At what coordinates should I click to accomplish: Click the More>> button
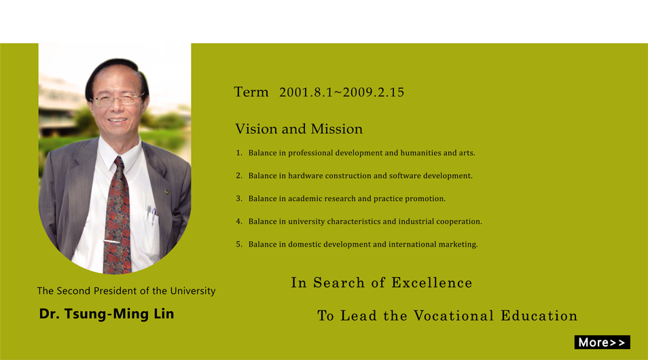click(602, 342)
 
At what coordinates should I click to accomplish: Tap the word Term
click(251, 92)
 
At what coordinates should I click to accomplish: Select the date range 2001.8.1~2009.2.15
click(342, 92)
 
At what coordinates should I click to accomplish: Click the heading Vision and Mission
click(299, 129)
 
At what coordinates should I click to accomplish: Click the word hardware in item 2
click(306, 176)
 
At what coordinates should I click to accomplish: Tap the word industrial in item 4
click(416, 221)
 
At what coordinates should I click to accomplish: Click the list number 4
click(239, 221)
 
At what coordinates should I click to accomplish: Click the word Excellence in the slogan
click(432, 283)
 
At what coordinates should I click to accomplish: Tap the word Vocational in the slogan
click(454, 316)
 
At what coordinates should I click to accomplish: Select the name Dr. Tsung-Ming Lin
click(107, 314)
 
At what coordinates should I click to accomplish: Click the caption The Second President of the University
click(126, 291)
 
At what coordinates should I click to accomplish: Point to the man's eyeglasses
click(118, 100)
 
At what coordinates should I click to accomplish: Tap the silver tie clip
click(111, 241)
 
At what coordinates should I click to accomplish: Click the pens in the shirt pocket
click(151, 213)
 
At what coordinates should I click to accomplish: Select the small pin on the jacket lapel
click(166, 192)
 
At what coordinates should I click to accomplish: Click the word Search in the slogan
click(339, 283)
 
